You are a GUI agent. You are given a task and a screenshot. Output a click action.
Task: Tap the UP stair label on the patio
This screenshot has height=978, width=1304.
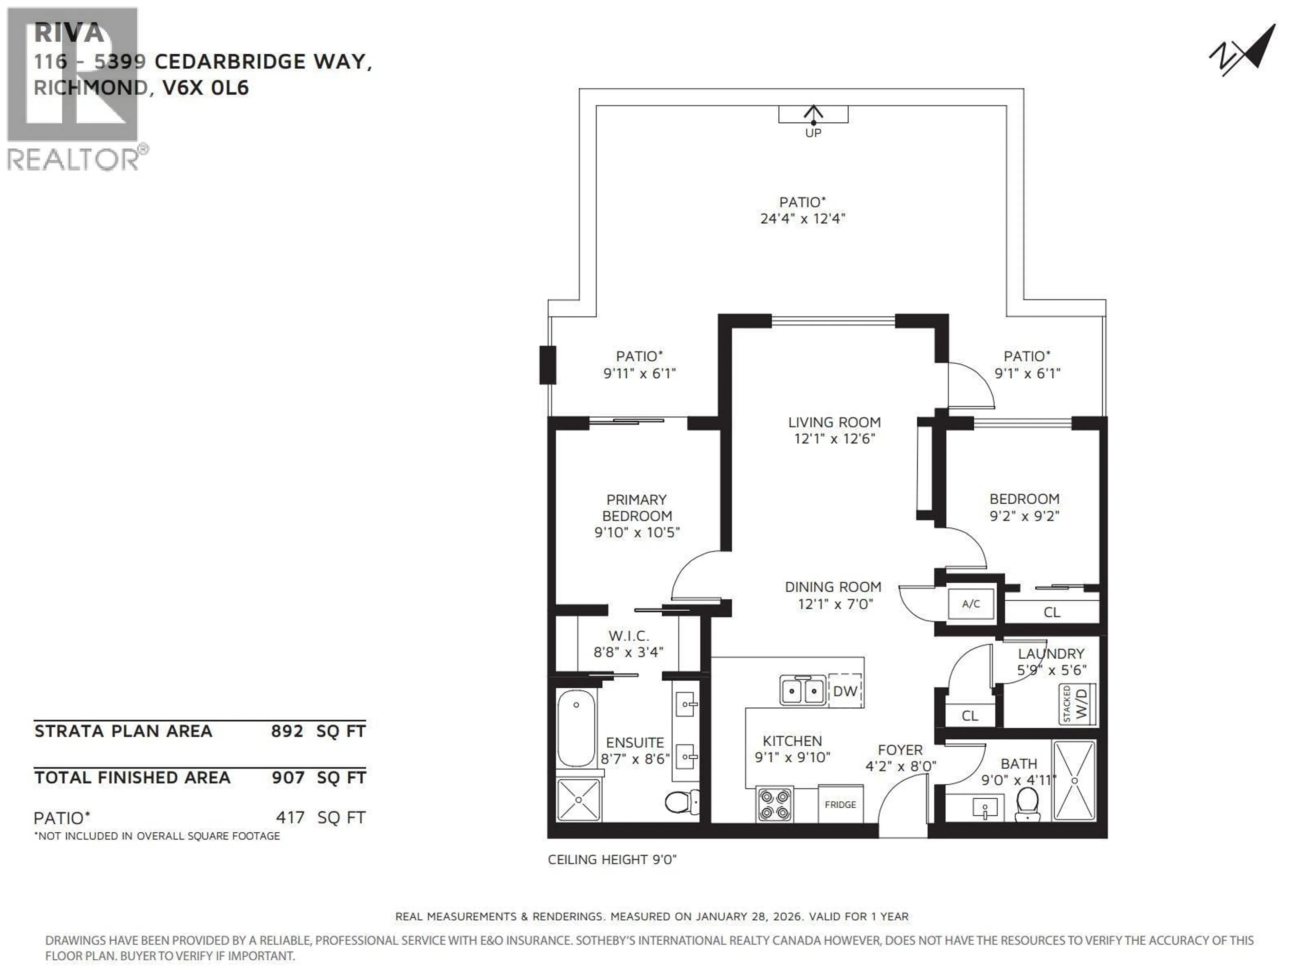coord(813,133)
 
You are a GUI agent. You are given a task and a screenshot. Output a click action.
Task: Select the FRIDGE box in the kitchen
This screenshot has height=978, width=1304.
coord(840,804)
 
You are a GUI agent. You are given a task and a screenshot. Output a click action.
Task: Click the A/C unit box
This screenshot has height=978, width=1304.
coord(970,604)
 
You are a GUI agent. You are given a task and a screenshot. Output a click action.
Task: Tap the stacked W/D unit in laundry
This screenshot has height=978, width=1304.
coord(1077,704)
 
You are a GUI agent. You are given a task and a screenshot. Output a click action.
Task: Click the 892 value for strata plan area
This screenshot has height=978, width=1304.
coord(287,731)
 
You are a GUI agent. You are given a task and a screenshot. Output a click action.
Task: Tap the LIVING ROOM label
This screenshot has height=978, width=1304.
coord(834,422)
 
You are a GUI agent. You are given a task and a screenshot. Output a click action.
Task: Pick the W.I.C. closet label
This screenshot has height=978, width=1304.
coord(629,635)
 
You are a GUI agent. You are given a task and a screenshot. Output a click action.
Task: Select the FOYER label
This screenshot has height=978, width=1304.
coord(900,750)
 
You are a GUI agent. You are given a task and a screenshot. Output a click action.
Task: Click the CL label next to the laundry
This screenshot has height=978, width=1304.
coord(970,716)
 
